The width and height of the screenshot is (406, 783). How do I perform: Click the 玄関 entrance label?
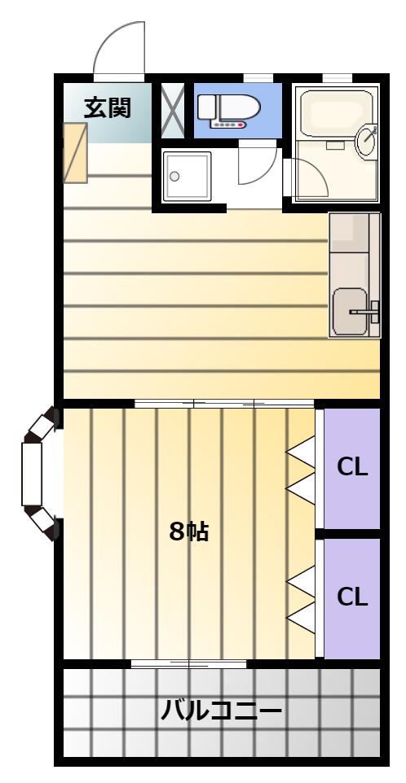107,108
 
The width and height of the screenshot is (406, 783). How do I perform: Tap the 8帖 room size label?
188,531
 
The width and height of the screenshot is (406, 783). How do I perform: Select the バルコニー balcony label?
221,710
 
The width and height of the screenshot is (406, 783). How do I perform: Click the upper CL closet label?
352,467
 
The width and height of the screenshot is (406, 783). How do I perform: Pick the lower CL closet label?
352,597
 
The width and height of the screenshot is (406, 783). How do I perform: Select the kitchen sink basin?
351,311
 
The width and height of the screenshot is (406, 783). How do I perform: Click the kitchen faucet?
365,311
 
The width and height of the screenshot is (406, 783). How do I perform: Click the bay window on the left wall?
39,474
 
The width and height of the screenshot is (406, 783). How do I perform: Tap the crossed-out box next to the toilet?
174,111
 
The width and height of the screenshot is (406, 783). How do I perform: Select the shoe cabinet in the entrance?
76,153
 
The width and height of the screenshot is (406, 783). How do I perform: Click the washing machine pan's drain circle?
174,177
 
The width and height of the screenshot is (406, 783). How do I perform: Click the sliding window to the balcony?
189,663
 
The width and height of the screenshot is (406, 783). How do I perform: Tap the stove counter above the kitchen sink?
350,233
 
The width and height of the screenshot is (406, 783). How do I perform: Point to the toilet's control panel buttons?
228,125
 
